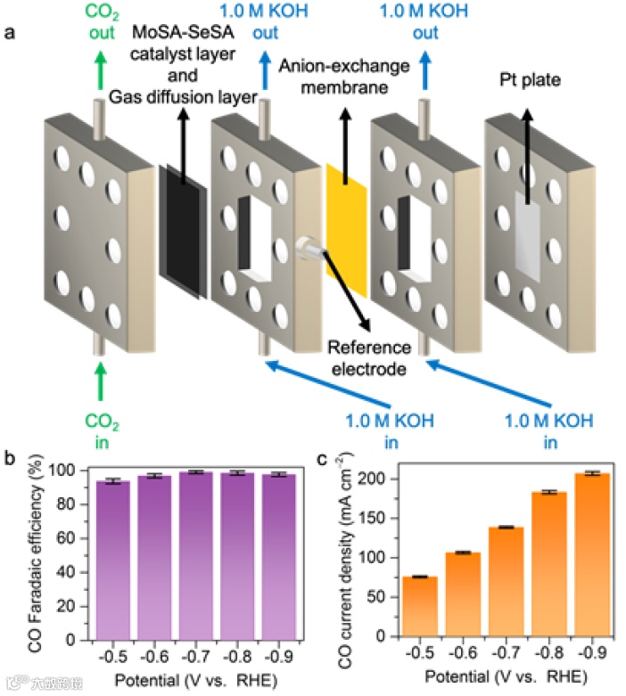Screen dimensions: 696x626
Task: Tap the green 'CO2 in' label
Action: click(100, 425)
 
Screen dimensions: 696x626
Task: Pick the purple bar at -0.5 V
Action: click(113, 561)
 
